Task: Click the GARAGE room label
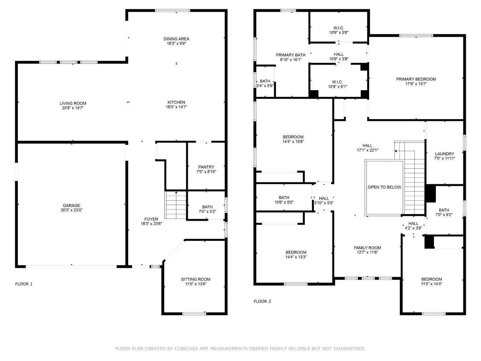tap(71, 206)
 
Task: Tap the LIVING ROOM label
tap(73, 103)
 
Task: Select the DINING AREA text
tap(176, 39)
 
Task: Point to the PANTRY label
tap(206, 167)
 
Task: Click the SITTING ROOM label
tap(196, 279)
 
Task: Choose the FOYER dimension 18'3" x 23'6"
tap(151, 224)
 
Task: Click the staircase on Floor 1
tap(176, 205)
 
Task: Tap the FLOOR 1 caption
tap(24, 284)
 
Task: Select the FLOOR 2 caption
tap(262, 301)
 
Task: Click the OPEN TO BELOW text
tap(384, 187)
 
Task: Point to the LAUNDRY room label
tap(444, 154)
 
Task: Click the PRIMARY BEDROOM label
tap(416, 79)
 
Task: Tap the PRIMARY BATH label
tap(291, 55)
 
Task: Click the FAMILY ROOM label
tap(367, 248)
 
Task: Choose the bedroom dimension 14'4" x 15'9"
tap(293, 142)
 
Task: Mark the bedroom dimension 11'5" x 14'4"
tap(431, 284)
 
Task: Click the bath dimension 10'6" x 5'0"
tap(284, 202)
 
